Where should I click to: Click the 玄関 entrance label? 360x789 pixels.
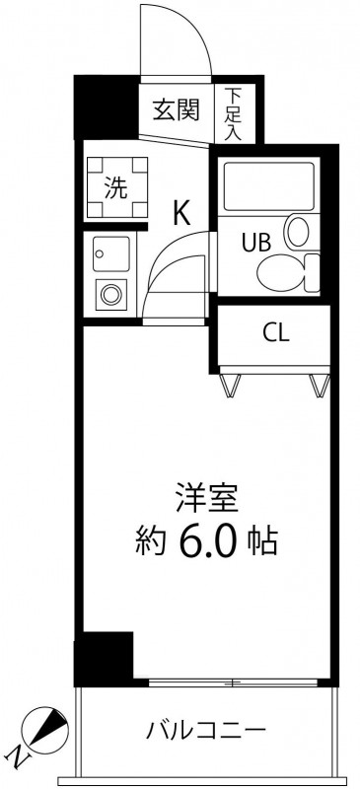(x=176, y=109)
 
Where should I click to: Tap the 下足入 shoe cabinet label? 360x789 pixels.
(x=233, y=113)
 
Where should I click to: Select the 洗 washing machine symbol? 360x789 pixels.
(x=116, y=187)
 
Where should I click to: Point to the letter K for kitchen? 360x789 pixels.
(x=181, y=213)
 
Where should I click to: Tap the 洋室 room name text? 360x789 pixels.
(x=206, y=497)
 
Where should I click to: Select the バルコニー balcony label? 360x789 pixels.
(x=205, y=729)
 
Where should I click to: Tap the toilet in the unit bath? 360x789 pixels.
(x=288, y=273)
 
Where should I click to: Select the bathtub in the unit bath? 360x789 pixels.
(x=270, y=185)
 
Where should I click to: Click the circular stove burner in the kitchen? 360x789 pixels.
(x=110, y=294)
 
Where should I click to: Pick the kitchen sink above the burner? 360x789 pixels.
(x=111, y=253)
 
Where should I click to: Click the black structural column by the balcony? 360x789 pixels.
(x=104, y=658)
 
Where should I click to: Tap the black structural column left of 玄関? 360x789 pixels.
(x=107, y=108)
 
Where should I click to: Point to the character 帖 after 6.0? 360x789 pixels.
(x=262, y=543)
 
